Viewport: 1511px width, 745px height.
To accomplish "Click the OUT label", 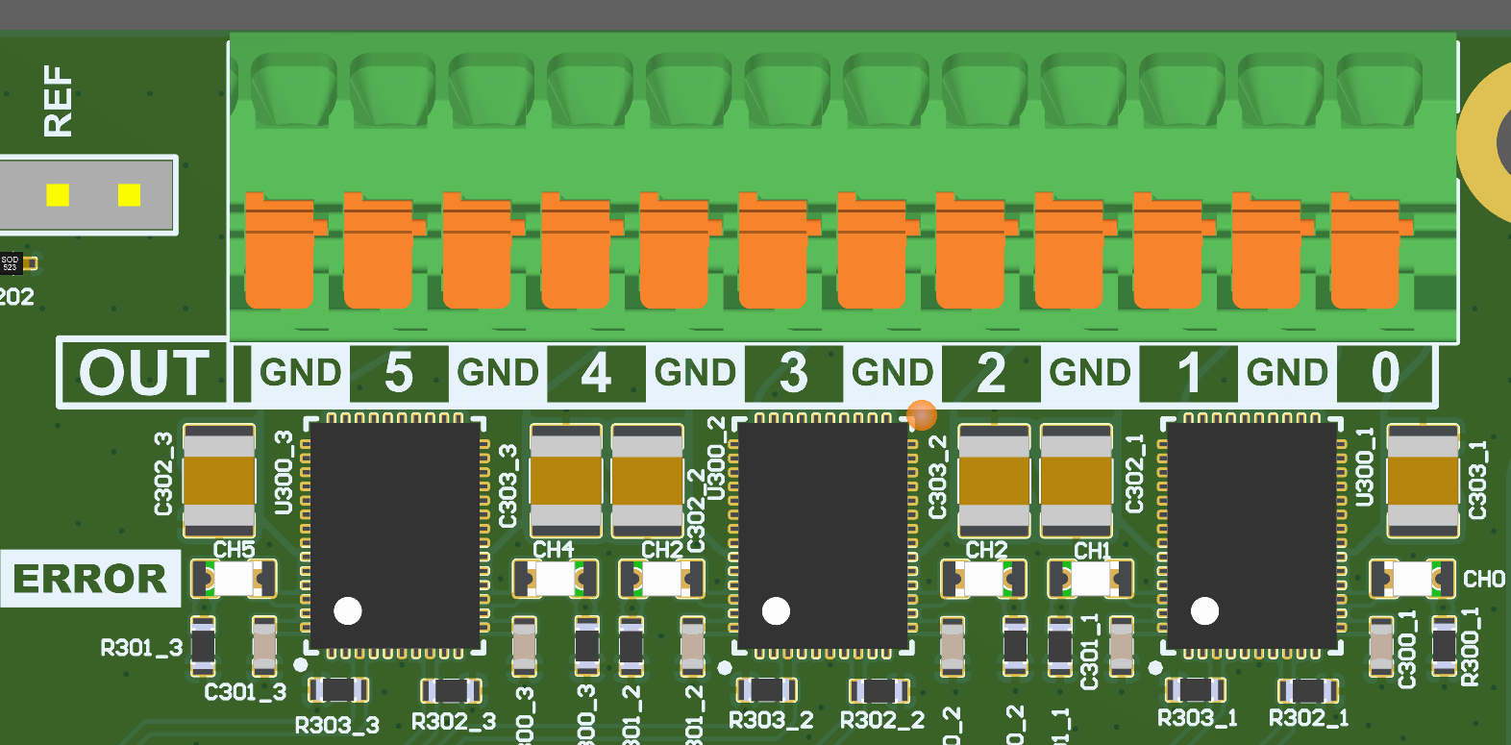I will click(144, 373).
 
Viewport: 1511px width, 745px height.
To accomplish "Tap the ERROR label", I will click(90, 579).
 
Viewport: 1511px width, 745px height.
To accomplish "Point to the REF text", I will click(58, 101).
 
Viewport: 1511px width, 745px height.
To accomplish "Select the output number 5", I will click(399, 373).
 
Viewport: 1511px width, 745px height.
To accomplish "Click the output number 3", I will click(793, 373).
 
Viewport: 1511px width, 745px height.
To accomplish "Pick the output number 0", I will click(1385, 373).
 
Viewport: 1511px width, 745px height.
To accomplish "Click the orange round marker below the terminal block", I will click(922, 415).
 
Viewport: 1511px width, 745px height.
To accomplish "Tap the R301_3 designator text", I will click(141, 648).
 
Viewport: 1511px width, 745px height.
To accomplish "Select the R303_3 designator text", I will click(336, 725).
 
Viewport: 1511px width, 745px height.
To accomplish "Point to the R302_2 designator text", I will click(881, 721).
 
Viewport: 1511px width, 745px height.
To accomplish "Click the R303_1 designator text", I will click(1197, 718).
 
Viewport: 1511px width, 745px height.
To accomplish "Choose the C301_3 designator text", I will click(245, 692).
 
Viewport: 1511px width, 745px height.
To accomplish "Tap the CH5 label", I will click(234, 550).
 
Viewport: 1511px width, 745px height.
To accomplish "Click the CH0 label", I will click(1483, 580).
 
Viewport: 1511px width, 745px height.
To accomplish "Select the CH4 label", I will click(553, 550).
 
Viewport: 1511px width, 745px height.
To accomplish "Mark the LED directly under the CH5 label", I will click(234, 579).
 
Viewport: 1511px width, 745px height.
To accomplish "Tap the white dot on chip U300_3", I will click(348, 610).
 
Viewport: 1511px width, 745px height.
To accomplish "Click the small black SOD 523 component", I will click(10, 262).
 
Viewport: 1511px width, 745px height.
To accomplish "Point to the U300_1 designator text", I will click(1365, 467).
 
